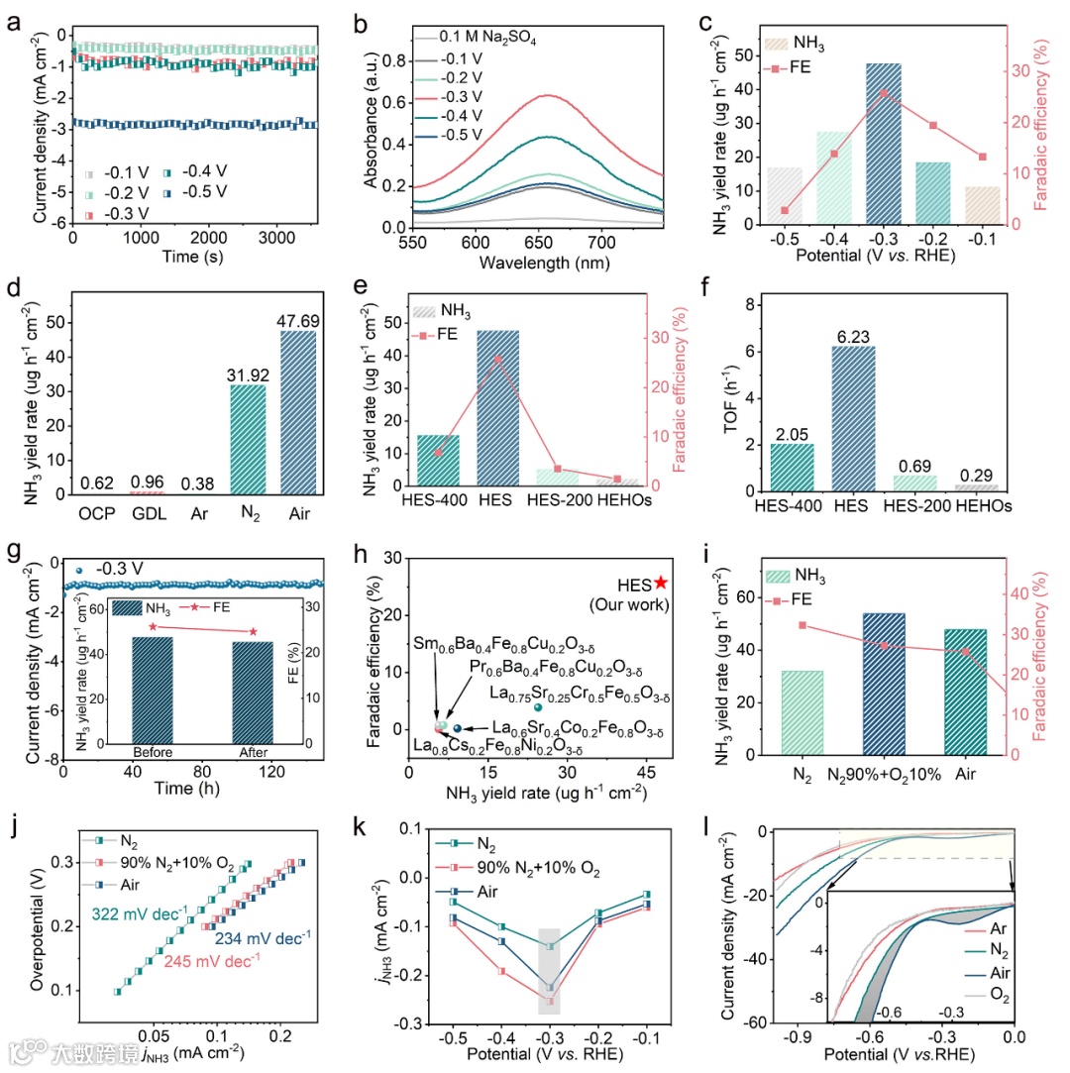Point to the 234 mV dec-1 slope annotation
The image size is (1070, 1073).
pyautogui.click(x=264, y=936)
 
